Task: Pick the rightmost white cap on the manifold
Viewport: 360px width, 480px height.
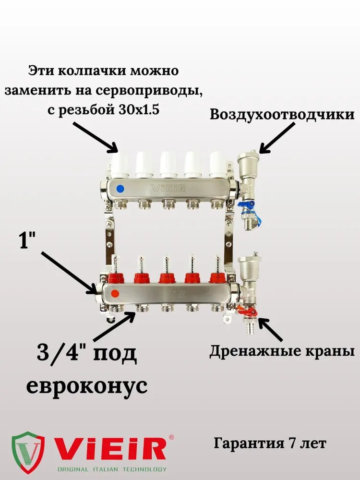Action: tap(217, 163)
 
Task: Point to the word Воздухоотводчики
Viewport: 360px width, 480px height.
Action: tap(282, 115)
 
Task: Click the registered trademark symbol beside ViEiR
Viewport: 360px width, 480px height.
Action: tap(171, 438)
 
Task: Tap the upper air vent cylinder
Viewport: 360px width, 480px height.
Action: tap(249, 161)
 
